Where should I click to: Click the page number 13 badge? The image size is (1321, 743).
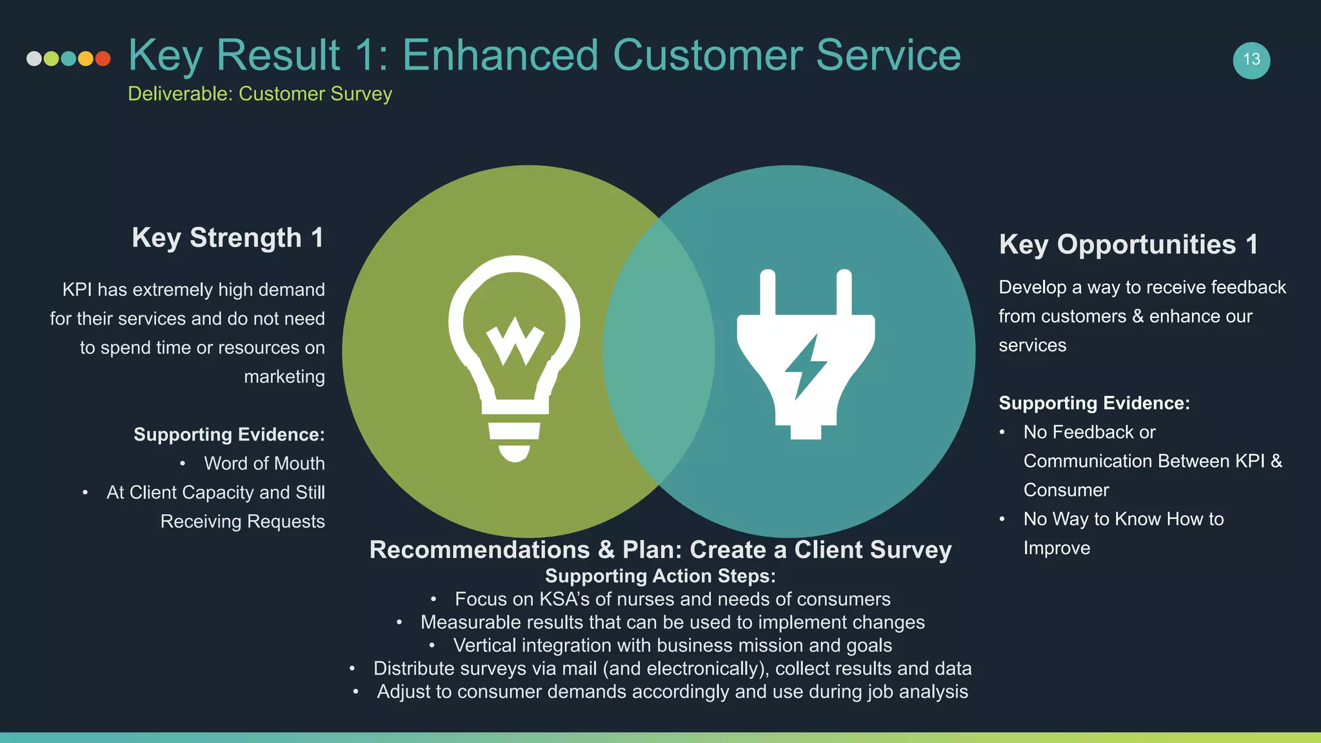tap(1251, 60)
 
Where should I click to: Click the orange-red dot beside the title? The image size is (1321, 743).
tap(103, 59)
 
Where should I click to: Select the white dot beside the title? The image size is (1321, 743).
tap(34, 59)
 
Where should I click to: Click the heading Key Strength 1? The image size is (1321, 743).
tap(228, 237)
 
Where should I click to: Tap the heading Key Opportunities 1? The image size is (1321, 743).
tap(1128, 244)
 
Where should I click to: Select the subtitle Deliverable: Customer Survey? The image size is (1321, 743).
tap(260, 94)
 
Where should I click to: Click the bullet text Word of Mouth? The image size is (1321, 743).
tap(264, 463)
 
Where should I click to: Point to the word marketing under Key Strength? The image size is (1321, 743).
tap(284, 377)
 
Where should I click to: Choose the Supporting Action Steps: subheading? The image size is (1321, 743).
tap(660, 576)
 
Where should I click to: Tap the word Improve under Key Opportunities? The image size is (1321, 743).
tap(1057, 548)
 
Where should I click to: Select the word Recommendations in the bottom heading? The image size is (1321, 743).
tap(479, 550)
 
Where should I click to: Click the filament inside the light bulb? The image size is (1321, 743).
tap(515, 340)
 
